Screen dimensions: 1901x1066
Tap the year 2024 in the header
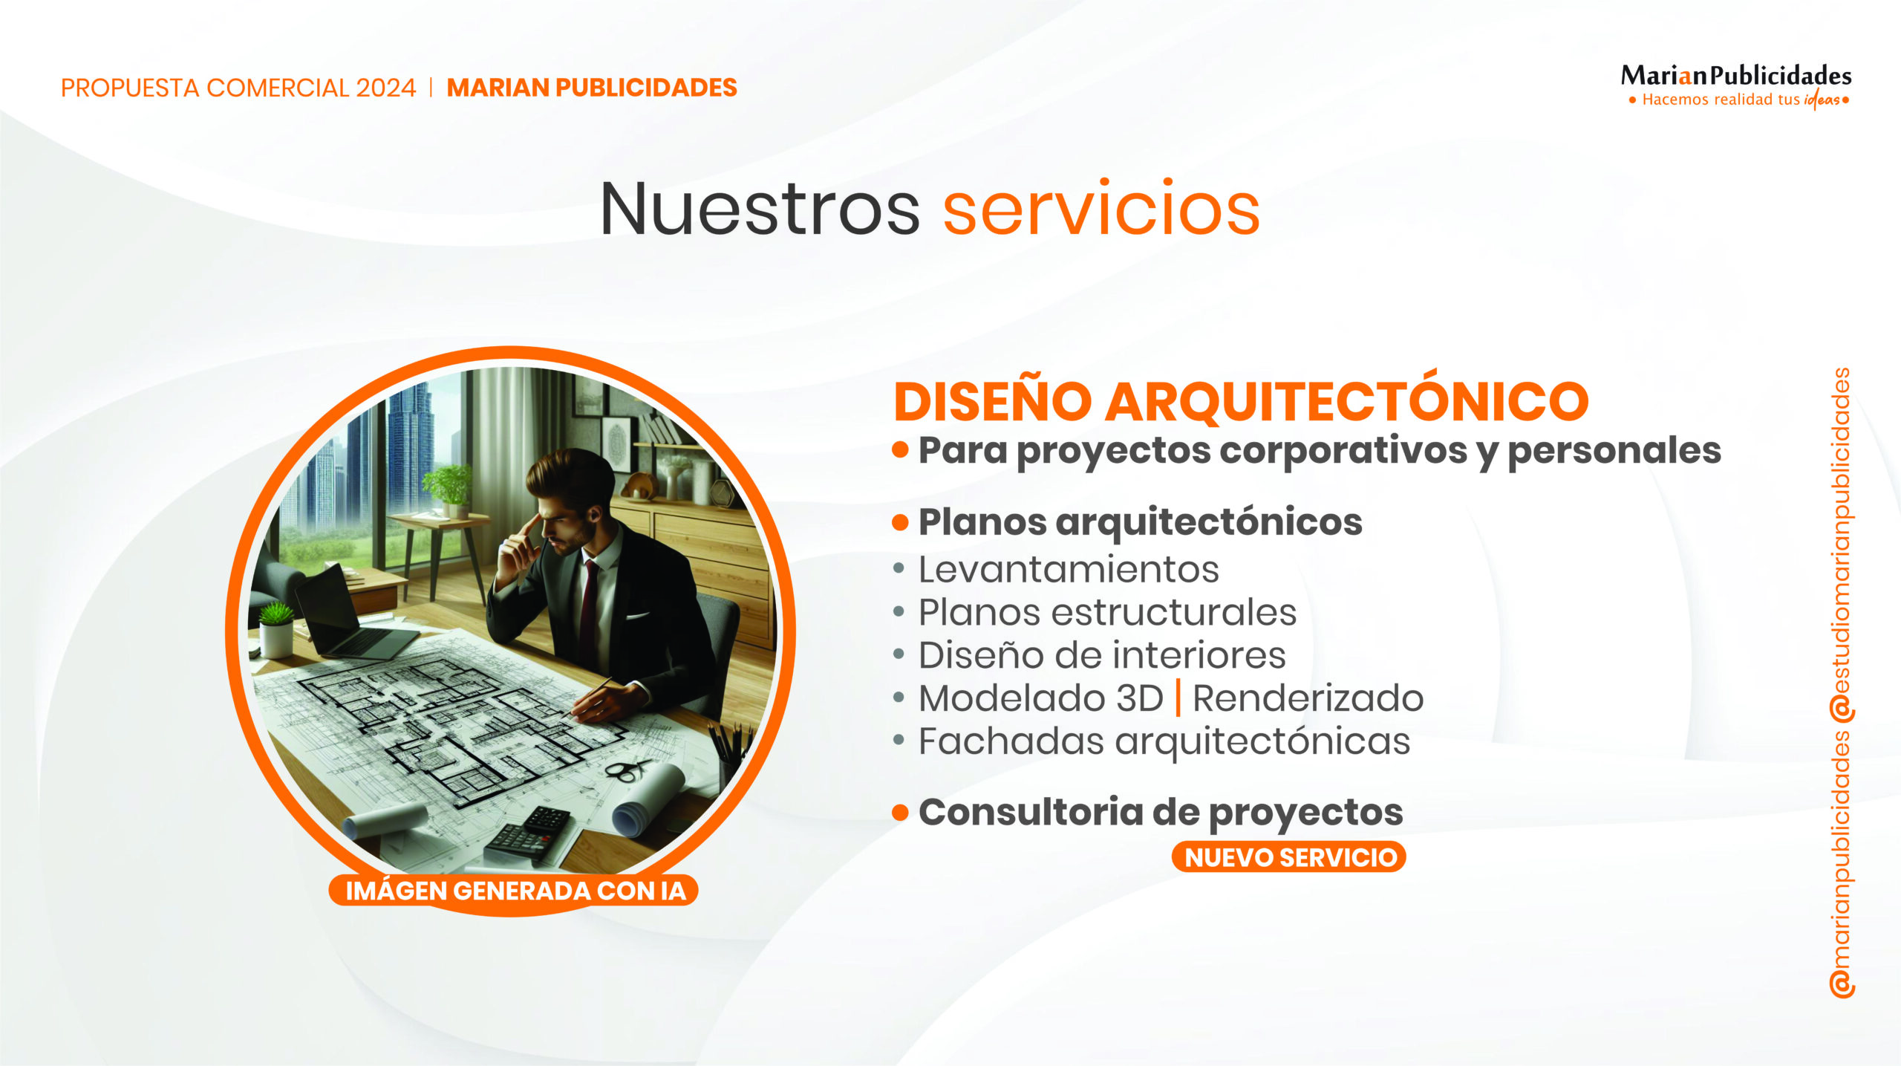(x=385, y=88)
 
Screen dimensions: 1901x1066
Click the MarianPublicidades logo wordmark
(x=1736, y=76)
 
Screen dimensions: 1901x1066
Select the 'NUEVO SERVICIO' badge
(x=1289, y=857)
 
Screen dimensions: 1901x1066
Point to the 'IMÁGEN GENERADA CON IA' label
(x=514, y=890)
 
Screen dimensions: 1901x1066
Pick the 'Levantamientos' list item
(x=1069, y=570)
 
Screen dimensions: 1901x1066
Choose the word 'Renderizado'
(x=1308, y=698)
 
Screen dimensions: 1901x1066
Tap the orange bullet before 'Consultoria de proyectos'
(x=900, y=813)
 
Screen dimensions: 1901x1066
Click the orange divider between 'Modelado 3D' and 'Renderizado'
(x=1178, y=698)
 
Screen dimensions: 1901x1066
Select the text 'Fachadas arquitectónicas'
(x=1164, y=741)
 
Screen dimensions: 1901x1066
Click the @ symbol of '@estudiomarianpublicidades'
(x=1842, y=709)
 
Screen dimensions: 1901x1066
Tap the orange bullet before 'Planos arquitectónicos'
(x=900, y=522)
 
